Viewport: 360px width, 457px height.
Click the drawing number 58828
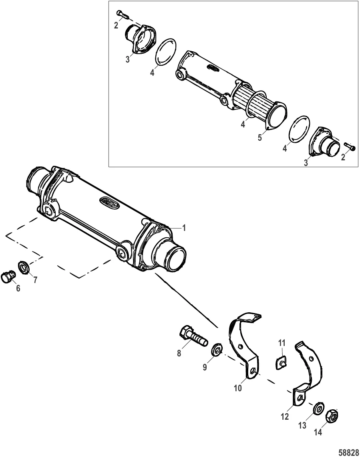[349, 452]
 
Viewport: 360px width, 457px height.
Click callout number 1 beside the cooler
[184, 228]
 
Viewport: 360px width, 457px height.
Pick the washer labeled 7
[23, 267]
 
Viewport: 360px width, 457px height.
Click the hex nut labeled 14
[332, 416]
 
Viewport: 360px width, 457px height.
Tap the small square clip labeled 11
[281, 363]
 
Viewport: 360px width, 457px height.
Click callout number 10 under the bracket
[238, 388]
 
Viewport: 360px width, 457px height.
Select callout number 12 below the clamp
[285, 417]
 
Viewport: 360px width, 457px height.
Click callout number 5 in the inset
[260, 137]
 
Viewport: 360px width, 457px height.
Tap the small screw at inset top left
[123, 14]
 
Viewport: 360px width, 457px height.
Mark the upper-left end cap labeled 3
[140, 38]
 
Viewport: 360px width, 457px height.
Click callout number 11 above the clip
[282, 343]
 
